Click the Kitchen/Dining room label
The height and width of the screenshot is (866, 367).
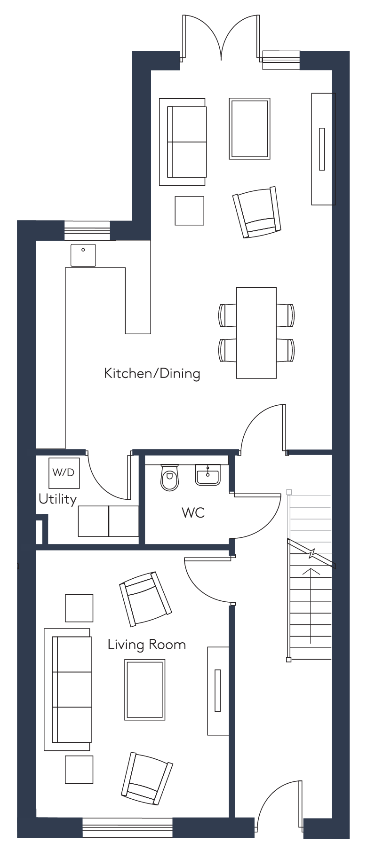click(152, 374)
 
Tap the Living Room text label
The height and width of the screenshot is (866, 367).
click(147, 644)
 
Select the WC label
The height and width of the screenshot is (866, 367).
click(193, 512)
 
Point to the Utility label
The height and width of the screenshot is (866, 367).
click(57, 499)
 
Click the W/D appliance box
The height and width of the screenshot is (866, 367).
click(64, 472)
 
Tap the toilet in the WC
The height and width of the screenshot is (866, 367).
click(170, 477)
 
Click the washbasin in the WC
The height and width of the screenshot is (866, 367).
click(207, 475)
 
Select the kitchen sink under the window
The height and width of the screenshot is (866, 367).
click(83, 255)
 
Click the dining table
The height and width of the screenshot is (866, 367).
click(256, 333)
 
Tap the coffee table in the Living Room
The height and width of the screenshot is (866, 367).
click(145, 690)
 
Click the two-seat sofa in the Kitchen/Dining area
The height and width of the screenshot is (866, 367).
click(183, 142)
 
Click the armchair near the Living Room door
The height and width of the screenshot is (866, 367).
click(145, 598)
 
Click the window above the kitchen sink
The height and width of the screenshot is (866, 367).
click(87, 230)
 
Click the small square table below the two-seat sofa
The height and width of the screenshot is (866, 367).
click(190, 211)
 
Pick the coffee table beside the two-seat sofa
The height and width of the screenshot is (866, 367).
click(249, 128)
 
